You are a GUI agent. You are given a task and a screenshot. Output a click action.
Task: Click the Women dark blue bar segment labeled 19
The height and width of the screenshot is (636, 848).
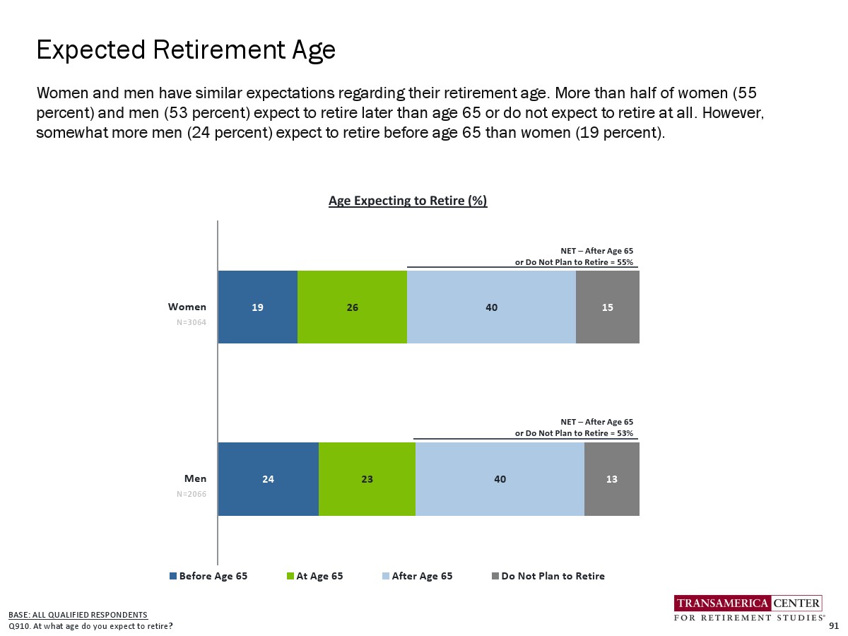258,307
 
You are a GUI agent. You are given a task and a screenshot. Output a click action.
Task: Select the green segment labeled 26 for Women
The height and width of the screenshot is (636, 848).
353,307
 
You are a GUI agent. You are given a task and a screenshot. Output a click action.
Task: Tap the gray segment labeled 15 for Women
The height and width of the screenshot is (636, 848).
608,307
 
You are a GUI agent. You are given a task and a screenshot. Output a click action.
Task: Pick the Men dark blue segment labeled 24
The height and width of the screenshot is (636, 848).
269,479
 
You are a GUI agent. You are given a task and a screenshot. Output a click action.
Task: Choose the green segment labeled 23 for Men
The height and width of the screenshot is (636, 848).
367,479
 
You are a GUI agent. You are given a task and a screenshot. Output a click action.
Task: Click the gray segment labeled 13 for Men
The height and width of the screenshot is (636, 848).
612,479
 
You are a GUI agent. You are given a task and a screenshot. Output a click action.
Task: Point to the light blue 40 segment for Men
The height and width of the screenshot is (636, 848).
500,479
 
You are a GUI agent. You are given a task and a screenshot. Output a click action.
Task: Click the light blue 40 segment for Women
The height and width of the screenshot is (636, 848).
491,307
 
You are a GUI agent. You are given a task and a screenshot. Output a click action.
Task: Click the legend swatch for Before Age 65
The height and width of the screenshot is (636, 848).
173,576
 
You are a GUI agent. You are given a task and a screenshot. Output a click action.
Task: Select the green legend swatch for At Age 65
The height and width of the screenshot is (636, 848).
290,576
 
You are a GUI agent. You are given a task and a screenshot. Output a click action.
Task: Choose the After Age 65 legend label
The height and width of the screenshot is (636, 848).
423,576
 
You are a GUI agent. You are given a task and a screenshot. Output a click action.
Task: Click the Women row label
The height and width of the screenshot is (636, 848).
187,307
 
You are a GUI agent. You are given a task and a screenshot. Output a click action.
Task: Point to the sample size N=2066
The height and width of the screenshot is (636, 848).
192,494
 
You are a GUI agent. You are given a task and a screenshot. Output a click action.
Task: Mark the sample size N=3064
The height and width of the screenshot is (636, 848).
192,322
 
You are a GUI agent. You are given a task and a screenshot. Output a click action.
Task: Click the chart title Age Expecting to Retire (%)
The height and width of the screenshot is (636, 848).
408,201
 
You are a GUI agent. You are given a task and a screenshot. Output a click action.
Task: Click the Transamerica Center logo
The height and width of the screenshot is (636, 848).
748,608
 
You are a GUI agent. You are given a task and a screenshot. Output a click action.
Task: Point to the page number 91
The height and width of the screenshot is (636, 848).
834,625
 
